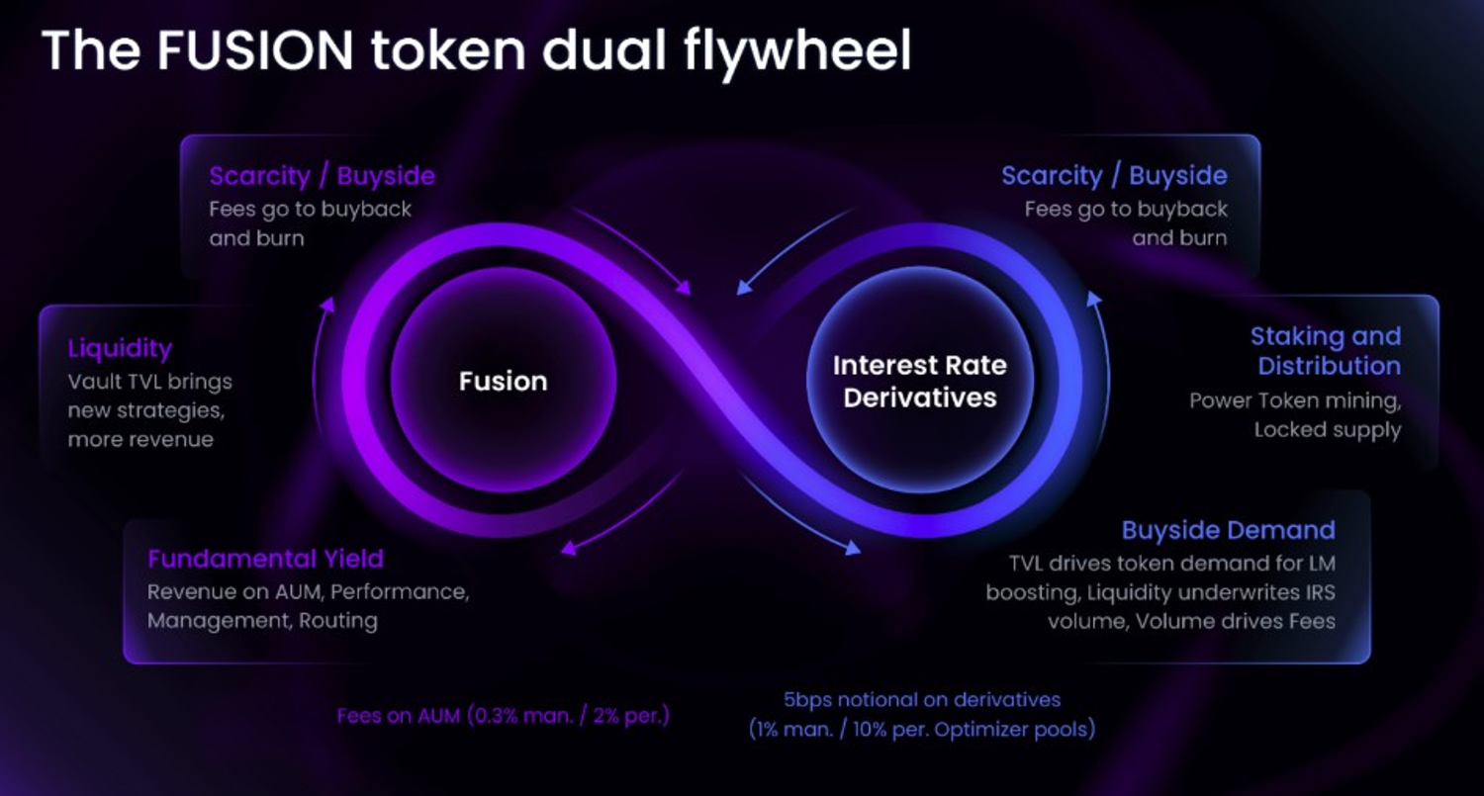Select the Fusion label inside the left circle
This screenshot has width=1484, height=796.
504,382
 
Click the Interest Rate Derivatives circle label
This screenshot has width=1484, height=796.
919,382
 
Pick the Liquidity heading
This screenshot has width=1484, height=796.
120,349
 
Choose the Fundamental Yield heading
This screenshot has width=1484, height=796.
266,559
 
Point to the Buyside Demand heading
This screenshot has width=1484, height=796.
1229,530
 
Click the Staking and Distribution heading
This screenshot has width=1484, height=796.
1327,351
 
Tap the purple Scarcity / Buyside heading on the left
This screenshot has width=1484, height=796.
322,176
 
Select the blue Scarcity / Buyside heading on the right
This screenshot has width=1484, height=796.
1114,176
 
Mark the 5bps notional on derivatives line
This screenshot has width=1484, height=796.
922,700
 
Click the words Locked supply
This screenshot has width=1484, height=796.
1328,430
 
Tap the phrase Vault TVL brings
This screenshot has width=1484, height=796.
149,382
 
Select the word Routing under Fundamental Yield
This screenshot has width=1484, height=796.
338,621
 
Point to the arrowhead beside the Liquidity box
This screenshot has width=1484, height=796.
326,304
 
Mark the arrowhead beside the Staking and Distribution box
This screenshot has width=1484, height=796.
1094,300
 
